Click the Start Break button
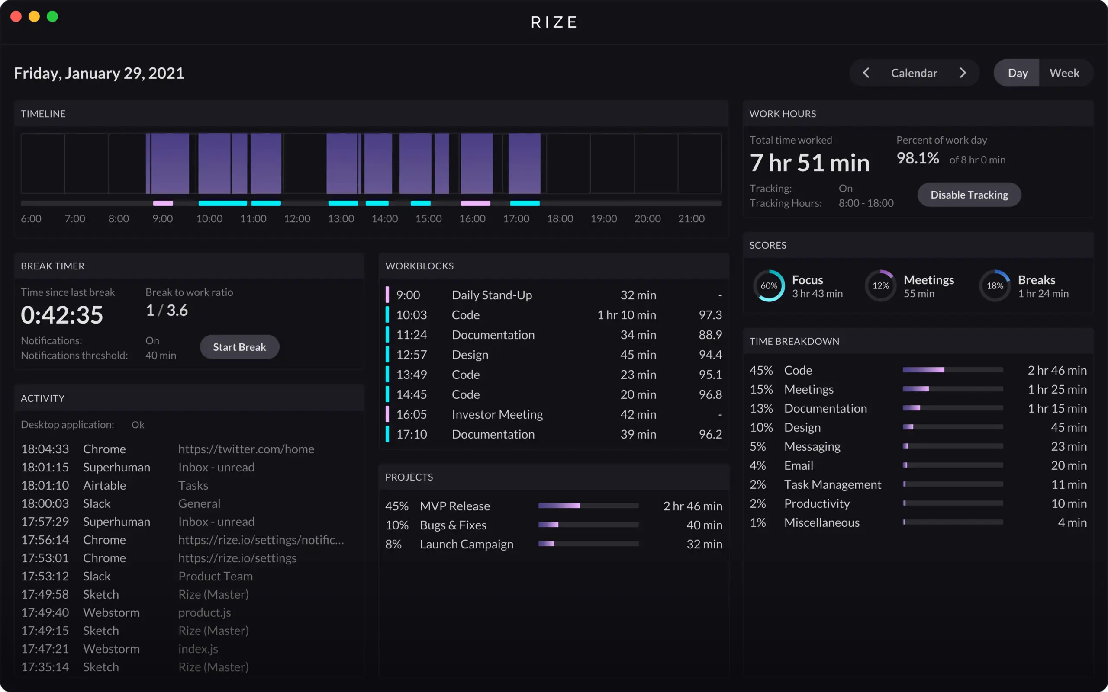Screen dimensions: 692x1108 (x=239, y=347)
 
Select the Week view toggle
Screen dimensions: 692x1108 (x=1063, y=73)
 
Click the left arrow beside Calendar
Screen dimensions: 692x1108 (x=866, y=73)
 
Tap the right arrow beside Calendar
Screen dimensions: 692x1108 (x=963, y=73)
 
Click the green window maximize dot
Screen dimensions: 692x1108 (x=53, y=16)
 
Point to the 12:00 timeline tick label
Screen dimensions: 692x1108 (x=296, y=219)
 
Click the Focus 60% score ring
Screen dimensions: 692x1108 (x=769, y=285)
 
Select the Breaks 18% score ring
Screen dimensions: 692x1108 (x=995, y=285)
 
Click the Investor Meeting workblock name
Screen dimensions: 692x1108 (x=497, y=414)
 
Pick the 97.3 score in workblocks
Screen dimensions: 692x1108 (x=710, y=315)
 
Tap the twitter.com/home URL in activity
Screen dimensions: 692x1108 (x=246, y=449)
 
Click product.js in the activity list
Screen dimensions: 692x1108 (x=204, y=612)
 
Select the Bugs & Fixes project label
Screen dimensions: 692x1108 (x=453, y=525)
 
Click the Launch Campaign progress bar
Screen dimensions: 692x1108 (x=588, y=544)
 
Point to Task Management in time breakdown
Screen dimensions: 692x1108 (x=832, y=484)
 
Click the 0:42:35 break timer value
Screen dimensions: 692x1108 (x=62, y=315)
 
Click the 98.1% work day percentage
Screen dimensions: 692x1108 (x=917, y=158)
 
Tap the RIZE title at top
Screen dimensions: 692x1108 (x=554, y=22)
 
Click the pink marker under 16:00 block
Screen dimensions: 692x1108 (x=475, y=203)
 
